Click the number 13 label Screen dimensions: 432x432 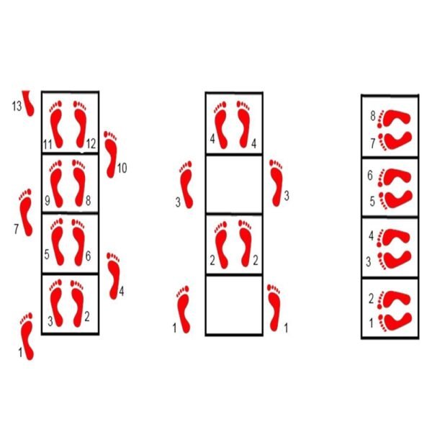click(x=17, y=106)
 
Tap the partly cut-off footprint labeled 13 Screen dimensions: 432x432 click(x=28, y=104)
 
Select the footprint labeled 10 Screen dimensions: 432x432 click(x=111, y=154)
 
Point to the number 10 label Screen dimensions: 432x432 click(x=122, y=168)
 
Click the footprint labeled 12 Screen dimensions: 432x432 click(x=80, y=125)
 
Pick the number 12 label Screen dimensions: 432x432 click(x=91, y=144)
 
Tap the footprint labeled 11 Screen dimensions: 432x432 click(x=57, y=125)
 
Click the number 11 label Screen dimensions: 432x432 click(x=48, y=145)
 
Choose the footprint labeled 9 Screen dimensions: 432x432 click(x=56, y=184)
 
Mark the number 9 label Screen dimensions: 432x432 click(x=48, y=201)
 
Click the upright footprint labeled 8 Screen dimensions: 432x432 click(x=79, y=183)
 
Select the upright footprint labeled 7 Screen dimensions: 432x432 click(x=26, y=212)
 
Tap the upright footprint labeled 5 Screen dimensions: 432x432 click(x=58, y=242)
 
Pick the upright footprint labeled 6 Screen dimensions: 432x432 click(x=79, y=243)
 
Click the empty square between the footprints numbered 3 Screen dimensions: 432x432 click(x=234, y=184)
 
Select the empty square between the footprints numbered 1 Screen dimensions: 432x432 click(x=234, y=305)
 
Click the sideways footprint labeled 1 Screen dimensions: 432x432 click(x=395, y=322)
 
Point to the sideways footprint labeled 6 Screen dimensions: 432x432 click(x=395, y=177)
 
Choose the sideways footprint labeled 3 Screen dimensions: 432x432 click(x=395, y=261)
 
